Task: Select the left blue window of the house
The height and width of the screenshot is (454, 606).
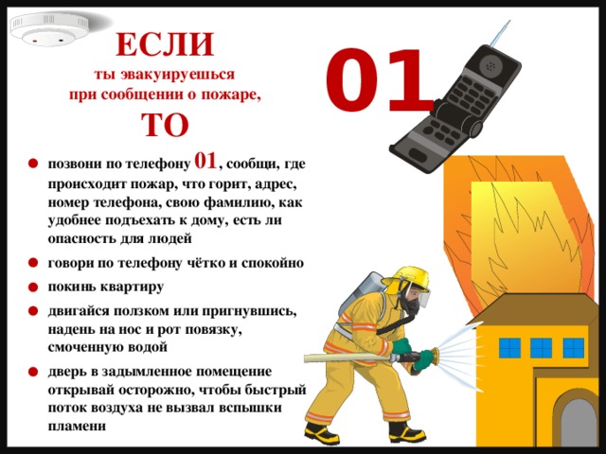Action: point(510,347)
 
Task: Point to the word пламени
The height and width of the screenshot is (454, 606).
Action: point(77,427)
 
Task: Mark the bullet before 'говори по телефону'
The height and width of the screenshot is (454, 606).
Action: point(33,264)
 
